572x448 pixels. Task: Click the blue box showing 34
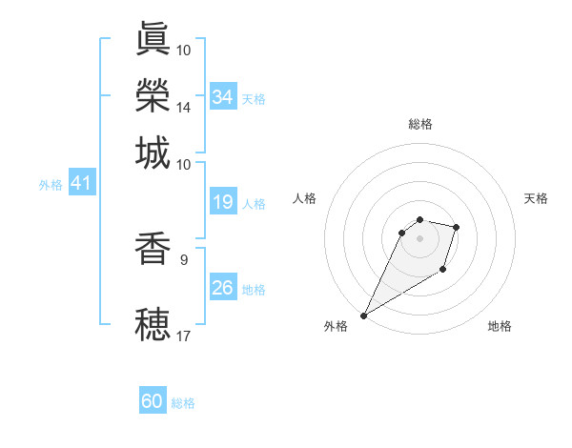(223, 97)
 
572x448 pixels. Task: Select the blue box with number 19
(223, 202)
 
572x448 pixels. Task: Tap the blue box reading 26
(223, 288)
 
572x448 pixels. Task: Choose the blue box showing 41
(81, 183)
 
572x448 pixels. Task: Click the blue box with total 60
(153, 401)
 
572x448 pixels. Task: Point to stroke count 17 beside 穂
(184, 336)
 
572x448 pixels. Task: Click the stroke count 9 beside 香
(183, 258)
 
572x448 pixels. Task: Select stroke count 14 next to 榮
(184, 107)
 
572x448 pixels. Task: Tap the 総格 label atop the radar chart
(420, 124)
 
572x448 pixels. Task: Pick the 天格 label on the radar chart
(536, 198)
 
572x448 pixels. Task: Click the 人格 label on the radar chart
(305, 198)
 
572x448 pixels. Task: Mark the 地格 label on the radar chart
(500, 326)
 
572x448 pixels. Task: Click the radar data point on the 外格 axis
(364, 315)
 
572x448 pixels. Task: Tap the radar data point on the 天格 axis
(457, 227)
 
